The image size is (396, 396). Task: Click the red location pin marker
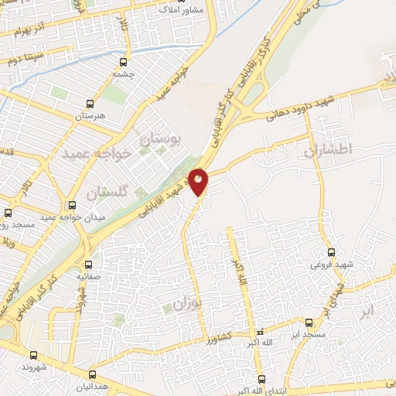pyautogui.click(x=199, y=181)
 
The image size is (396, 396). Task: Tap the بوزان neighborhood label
pyautogui.click(x=186, y=303)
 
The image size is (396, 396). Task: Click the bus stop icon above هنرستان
pyautogui.click(x=91, y=103)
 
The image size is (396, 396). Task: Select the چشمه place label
pyautogui.click(x=123, y=74)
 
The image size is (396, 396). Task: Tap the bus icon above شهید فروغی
pyautogui.click(x=332, y=252)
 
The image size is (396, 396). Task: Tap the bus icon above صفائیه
pyautogui.click(x=87, y=264)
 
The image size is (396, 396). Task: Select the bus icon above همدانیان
pyautogui.click(x=93, y=374)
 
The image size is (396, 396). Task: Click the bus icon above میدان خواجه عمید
pyautogui.click(x=72, y=205)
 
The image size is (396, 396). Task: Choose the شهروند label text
pyautogui.click(x=35, y=367)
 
